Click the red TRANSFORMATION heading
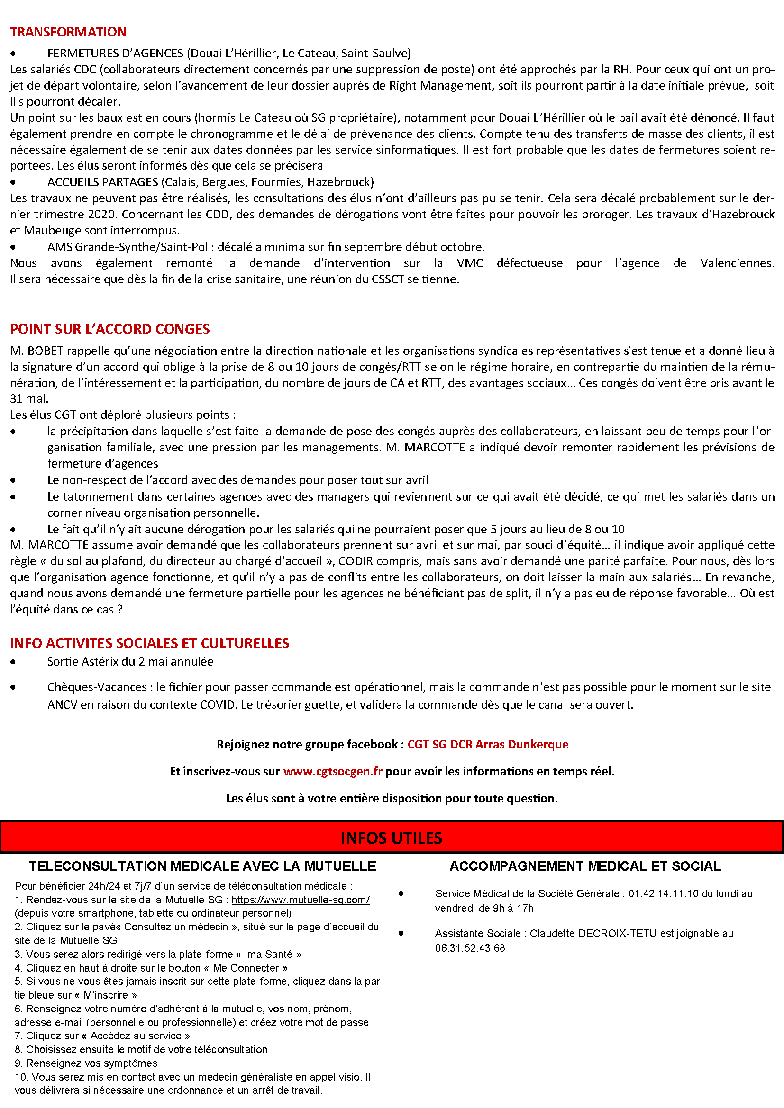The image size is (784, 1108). (x=68, y=32)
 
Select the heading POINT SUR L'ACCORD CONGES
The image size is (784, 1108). (x=109, y=329)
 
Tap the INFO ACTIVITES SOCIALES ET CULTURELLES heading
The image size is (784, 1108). (x=149, y=643)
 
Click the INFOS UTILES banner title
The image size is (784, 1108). (x=391, y=838)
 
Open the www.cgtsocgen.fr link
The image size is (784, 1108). (x=333, y=771)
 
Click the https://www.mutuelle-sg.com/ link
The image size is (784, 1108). (x=300, y=900)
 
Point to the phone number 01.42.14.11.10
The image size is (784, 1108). (x=663, y=893)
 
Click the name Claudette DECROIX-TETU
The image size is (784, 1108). (x=593, y=933)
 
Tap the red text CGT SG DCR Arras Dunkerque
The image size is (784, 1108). (x=488, y=744)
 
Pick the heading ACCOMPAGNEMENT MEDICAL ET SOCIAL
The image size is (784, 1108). (x=585, y=866)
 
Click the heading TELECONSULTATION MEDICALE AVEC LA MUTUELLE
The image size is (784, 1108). (x=202, y=866)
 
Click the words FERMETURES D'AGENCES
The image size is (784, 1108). (x=115, y=53)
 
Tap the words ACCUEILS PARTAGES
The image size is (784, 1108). (x=102, y=182)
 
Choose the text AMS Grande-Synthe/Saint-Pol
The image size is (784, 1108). (x=128, y=247)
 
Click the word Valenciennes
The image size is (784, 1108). (x=737, y=263)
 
